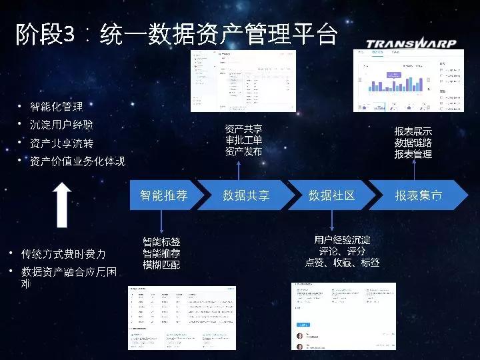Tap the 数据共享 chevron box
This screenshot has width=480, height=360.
pos(246,195)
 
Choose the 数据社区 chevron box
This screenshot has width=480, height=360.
pos(331,195)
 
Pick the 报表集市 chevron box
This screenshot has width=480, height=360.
pos(418,195)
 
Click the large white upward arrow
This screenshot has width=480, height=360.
pos(62,205)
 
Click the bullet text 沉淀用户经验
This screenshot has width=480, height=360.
pos(62,125)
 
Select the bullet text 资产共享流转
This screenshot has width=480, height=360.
pos(62,143)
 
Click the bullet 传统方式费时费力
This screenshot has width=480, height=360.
pos(63,254)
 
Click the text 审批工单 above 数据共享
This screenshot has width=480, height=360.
pos(243,140)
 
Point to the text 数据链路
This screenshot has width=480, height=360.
pos(413,143)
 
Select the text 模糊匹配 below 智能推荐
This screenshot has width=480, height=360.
pos(161,265)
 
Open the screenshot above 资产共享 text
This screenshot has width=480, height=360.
pos(243,81)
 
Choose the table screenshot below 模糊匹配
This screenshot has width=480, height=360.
pos(182,317)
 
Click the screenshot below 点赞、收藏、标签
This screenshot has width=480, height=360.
pos(343,316)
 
